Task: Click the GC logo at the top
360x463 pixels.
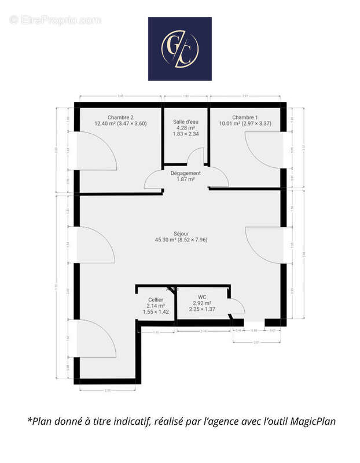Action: coord(179,49)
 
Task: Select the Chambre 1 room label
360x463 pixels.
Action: coord(245,117)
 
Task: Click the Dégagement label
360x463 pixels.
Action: coord(186,173)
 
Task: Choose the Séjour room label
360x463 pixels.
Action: coord(181,234)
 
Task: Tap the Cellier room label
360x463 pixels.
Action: coord(156,299)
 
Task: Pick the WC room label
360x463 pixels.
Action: coord(202,297)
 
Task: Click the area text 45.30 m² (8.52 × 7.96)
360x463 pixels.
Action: coord(181,240)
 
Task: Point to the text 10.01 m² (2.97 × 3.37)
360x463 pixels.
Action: coord(245,123)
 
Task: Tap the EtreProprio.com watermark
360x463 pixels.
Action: coord(55,20)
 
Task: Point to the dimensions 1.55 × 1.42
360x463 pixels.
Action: coord(156,312)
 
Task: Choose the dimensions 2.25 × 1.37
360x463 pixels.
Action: coord(202,310)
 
